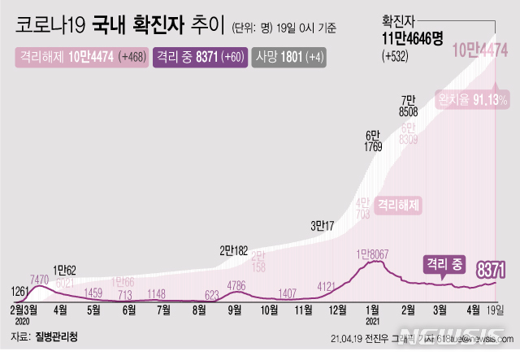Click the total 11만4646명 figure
413,40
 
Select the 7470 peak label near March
41,280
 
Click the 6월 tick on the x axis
128,310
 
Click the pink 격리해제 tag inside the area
399,206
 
